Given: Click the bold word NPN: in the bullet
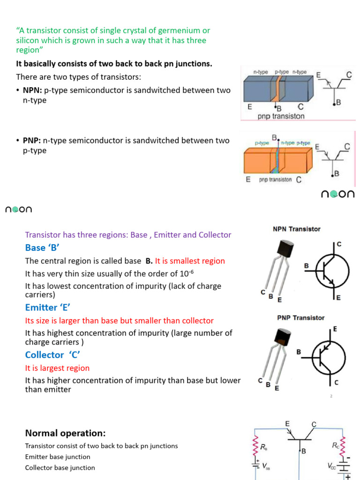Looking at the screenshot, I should coord(32,90).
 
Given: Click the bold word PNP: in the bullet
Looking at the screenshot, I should coord(32,141).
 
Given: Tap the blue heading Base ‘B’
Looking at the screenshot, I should coord(43,247).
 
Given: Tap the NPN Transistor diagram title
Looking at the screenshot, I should coord(297,229).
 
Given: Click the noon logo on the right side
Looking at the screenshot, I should coord(337,194).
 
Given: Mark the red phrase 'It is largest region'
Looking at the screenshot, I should coord(57,368).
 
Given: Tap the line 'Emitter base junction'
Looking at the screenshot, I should coord(58,457).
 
